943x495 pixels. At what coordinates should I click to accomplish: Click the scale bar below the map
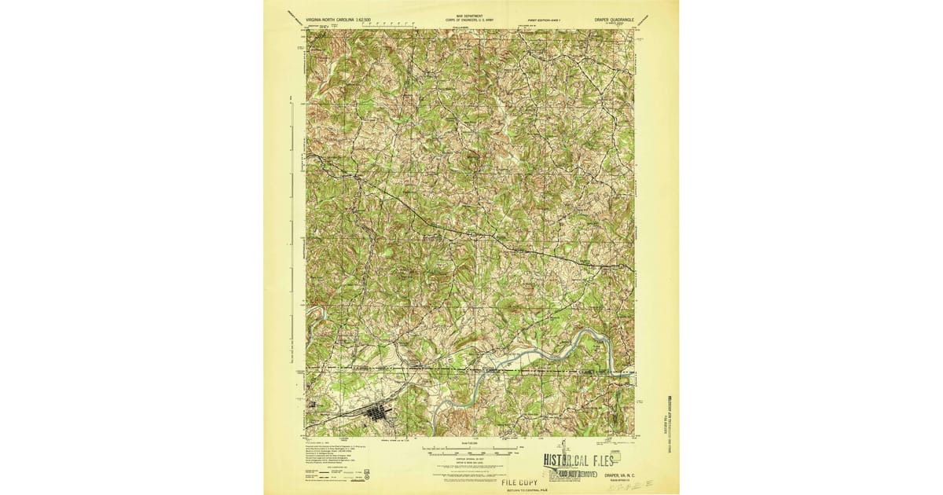tap(471, 451)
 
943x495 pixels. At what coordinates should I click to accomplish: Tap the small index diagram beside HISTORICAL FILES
tap(615, 456)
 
